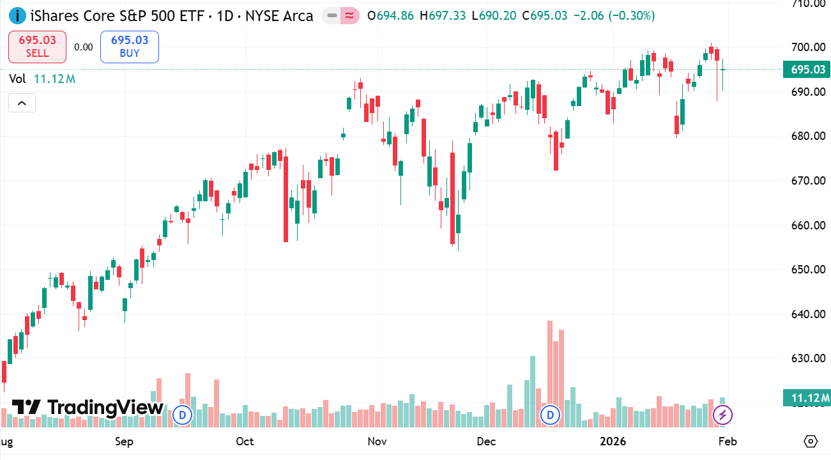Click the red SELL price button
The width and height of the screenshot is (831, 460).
(37, 47)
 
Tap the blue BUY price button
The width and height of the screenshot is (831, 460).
(130, 47)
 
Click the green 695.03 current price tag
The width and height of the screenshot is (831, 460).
(807, 70)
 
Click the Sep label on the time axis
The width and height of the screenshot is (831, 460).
(124, 441)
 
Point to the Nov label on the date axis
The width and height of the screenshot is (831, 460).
(377, 441)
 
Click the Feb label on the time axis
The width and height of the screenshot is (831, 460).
(728, 441)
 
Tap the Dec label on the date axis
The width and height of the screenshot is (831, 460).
(487, 441)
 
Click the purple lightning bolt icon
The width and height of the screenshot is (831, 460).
(722, 415)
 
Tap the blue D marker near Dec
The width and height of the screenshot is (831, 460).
(550, 415)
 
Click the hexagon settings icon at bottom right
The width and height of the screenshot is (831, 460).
(811, 441)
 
